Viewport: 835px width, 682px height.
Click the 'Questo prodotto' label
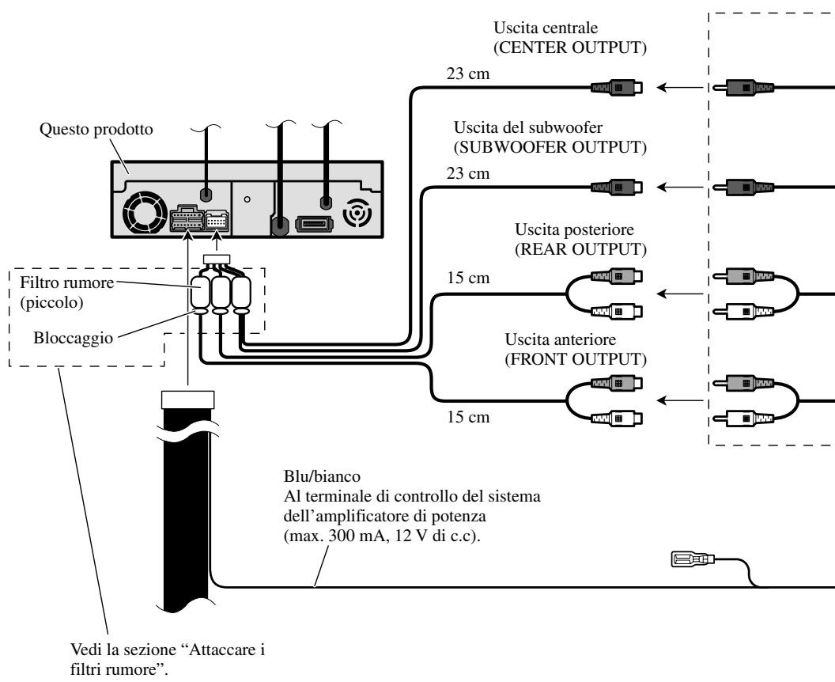coord(96,130)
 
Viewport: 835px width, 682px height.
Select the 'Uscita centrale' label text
coord(546,28)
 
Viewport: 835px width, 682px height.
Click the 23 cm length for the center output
coord(467,74)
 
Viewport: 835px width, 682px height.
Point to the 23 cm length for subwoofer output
coord(467,173)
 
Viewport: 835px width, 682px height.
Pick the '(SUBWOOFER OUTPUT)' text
coord(550,147)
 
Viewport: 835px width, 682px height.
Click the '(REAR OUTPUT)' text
coord(580,249)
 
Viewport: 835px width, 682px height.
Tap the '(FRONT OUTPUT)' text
coord(576,359)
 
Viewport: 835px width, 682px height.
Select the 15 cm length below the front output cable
coord(468,417)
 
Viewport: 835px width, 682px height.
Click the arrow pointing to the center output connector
coord(681,87)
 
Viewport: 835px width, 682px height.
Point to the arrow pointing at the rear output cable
coord(681,294)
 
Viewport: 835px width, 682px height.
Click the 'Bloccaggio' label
coord(73,339)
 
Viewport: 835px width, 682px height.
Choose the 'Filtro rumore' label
coord(66,282)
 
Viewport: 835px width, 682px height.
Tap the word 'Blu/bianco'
coord(322,476)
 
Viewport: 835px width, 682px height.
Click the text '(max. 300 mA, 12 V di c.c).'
coord(382,536)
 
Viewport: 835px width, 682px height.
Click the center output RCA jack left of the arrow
coord(617,87)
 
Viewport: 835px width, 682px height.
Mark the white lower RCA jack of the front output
coord(617,419)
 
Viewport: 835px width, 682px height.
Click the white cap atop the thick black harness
coord(188,400)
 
